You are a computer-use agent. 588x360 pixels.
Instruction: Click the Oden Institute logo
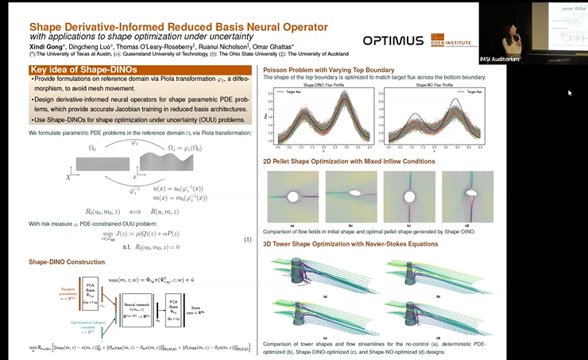pyautogui.click(x=451, y=39)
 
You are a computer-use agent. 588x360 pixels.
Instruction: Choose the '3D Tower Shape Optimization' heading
pyautogui.click(x=350, y=243)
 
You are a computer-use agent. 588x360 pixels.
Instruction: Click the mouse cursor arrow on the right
pyautogui.click(x=570, y=92)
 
